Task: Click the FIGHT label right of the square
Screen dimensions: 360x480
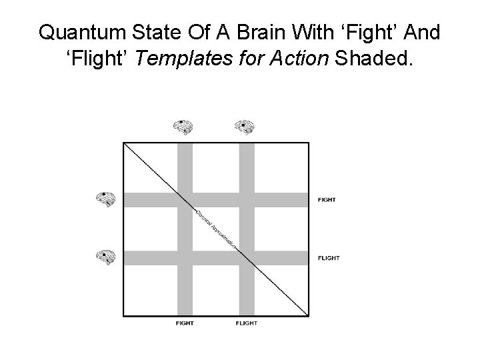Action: [x=327, y=199]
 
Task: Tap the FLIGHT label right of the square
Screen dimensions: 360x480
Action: [x=329, y=258]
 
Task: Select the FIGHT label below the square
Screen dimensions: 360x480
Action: [x=185, y=323]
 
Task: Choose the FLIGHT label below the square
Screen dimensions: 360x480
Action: [x=246, y=323]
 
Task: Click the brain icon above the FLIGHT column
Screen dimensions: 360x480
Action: [x=245, y=127]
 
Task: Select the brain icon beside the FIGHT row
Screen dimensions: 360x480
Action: [x=106, y=199]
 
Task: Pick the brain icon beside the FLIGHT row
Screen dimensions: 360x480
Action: [x=106, y=257]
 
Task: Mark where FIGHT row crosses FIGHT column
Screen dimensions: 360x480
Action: [x=185, y=199]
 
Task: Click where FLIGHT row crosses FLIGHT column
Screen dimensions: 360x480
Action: [x=247, y=257]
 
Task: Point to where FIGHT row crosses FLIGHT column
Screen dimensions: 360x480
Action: [x=247, y=199]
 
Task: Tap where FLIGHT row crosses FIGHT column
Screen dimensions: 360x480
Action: [x=185, y=257]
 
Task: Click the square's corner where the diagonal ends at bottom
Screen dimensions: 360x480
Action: [x=309, y=315]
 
